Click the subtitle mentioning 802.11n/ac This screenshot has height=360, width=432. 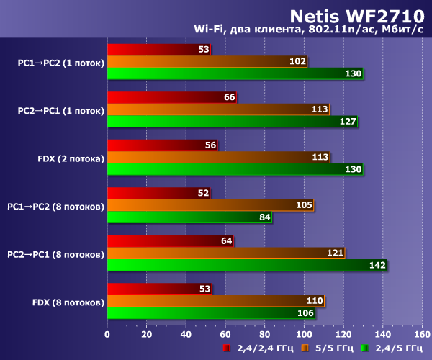(309, 30)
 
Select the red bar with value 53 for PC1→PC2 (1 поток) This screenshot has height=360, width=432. (158, 50)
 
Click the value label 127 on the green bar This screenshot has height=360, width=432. (348, 122)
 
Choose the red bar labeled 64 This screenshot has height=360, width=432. (169, 241)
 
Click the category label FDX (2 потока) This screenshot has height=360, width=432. (71, 158)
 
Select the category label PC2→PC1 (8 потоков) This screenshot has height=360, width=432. (55, 254)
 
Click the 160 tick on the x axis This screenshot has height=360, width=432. (423, 334)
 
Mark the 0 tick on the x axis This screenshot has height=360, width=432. (107, 334)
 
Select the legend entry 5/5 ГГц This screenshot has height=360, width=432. (327, 348)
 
